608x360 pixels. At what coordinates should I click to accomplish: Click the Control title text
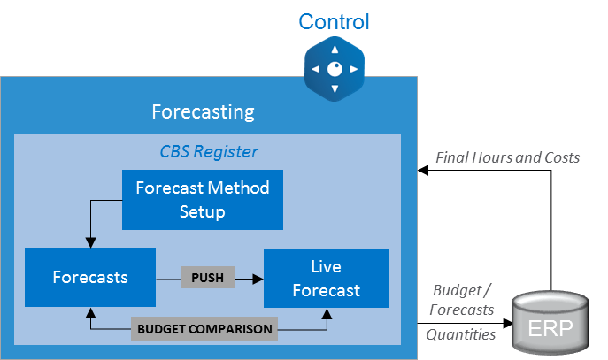(x=334, y=21)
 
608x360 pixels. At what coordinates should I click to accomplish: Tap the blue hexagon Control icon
(x=334, y=69)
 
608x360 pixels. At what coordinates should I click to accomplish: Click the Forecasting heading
(x=203, y=112)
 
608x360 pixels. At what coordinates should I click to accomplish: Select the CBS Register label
(x=209, y=151)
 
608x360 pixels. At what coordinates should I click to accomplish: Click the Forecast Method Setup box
(x=202, y=199)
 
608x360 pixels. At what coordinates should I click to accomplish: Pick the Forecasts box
(x=90, y=277)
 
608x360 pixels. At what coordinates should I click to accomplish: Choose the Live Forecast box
(x=326, y=278)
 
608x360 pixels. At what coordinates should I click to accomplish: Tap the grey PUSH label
(x=207, y=278)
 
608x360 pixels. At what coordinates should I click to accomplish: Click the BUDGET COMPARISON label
(x=204, y=329)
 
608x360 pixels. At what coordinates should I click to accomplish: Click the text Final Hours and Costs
(x=507, y=157)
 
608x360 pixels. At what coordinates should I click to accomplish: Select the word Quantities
(x=460, y=334)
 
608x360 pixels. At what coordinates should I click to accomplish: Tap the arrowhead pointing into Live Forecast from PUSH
(x=258, y=278)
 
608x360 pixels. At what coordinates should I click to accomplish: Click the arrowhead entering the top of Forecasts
(x=89, y=243)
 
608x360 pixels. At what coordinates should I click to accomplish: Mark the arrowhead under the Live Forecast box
(x=327, y=311)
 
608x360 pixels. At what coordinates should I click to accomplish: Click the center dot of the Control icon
(x=334, y=69)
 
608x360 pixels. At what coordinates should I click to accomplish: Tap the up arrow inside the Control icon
(x=334, y=51)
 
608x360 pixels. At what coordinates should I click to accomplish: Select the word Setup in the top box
(x=202, y=211)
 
